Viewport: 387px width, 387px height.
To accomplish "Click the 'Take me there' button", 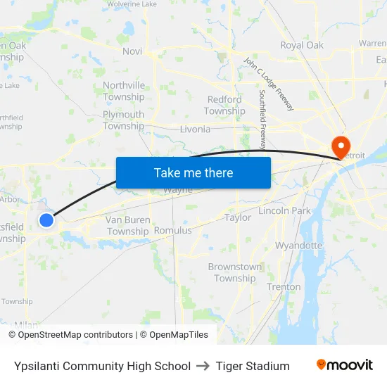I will click(193, 172).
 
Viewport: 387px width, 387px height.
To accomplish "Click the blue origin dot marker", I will click(46, 220).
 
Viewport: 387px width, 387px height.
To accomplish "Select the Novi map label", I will click(132, 51).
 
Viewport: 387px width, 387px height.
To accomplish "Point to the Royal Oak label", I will click(302, 45).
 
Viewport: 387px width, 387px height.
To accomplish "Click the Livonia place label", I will click(195, 129).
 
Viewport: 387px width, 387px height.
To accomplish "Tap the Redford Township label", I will click(224, 106).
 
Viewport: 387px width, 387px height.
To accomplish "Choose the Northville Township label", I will click(124, 91).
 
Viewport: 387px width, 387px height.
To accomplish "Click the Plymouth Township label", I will click(123, 120).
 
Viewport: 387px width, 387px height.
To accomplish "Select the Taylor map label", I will click(238, 217).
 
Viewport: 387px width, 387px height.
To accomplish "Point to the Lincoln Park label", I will click(285, 210).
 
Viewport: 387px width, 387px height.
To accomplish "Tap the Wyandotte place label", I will click(298, 246).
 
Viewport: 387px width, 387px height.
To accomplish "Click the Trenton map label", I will click(284, 286).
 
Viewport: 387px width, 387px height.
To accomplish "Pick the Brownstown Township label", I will click(235, 272).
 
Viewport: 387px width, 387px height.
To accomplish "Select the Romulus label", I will click(172, 230).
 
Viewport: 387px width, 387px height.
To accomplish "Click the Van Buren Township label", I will click(127, 225).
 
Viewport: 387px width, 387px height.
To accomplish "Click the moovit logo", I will click(345, 365).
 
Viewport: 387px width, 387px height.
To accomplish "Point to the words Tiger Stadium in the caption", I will click(253, 366).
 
